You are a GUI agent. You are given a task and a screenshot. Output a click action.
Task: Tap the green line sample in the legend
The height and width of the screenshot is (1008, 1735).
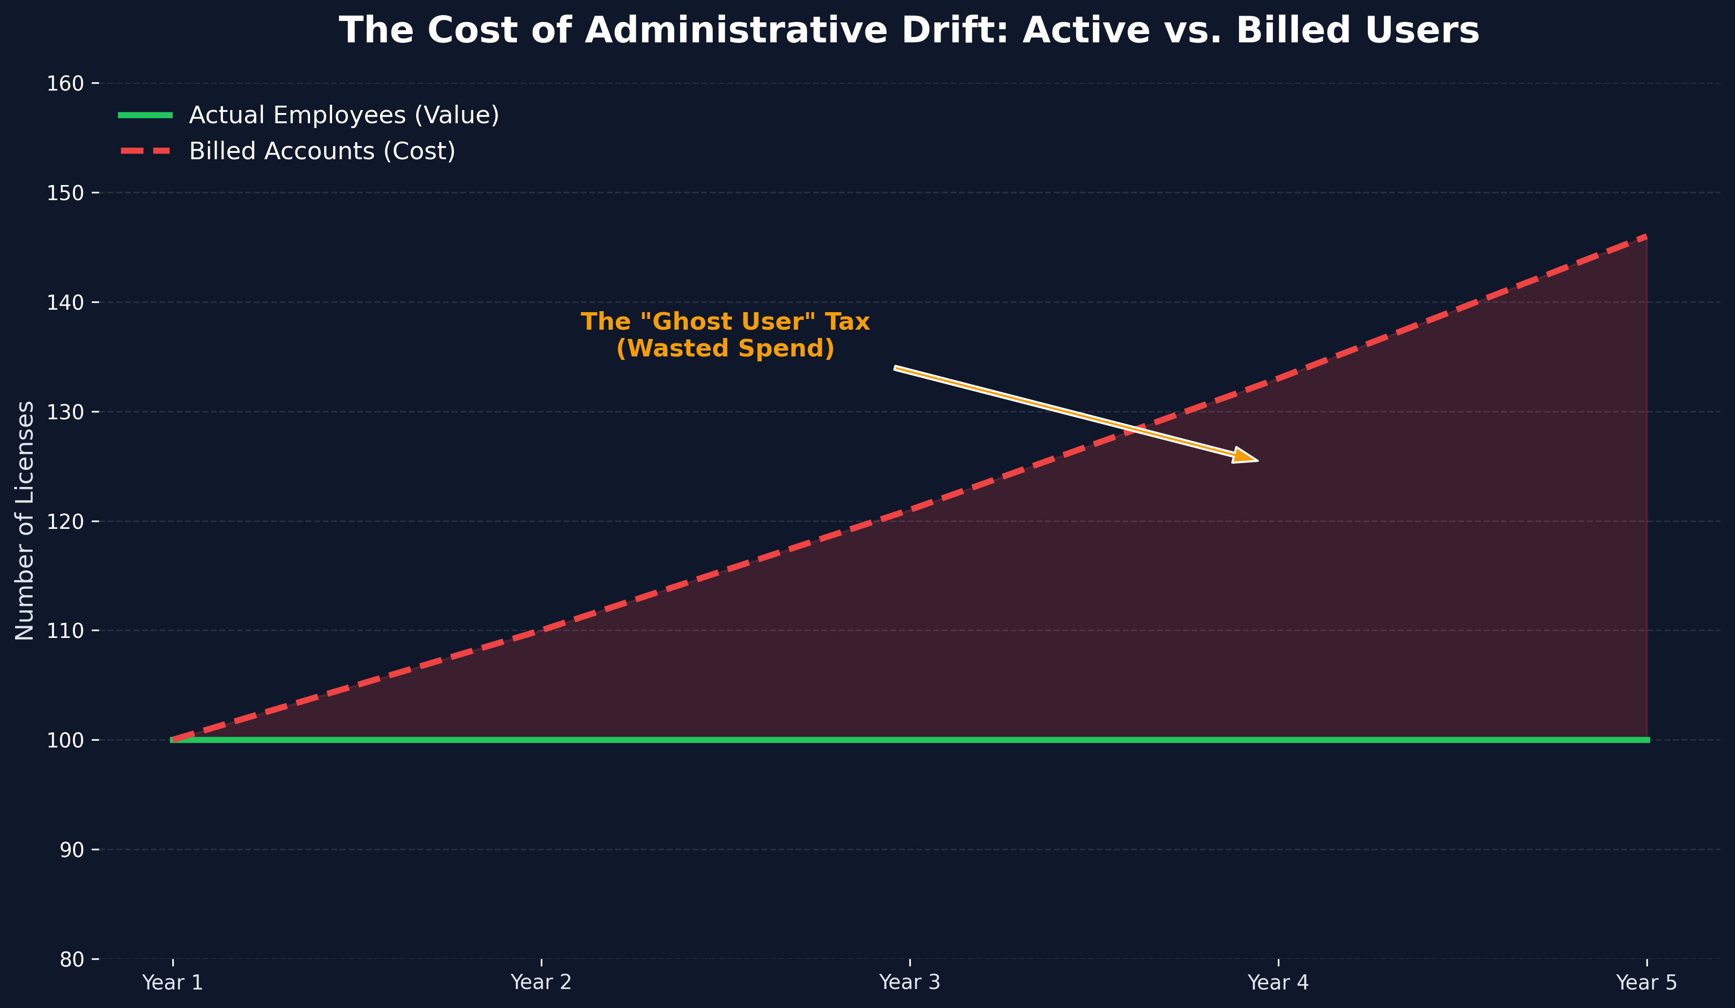[x=145, y=115]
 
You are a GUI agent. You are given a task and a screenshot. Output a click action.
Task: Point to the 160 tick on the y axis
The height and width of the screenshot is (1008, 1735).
[x=65, y=83]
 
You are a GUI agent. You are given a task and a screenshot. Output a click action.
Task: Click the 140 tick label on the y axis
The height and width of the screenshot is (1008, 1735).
[x=65, y=302]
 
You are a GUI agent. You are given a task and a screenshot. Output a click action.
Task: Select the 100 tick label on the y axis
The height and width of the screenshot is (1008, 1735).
[x=65, y=740]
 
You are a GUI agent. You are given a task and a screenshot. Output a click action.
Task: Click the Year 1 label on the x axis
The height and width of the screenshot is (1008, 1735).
[x=173, y=983]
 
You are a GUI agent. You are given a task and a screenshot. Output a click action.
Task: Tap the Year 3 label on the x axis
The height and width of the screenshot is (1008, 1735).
[x=909, y=983]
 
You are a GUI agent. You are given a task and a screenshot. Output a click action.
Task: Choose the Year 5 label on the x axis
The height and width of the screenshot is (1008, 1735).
[x=1646, y=983]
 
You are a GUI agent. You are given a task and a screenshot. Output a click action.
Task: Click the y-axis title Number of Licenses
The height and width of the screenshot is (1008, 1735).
[x=25, y=521]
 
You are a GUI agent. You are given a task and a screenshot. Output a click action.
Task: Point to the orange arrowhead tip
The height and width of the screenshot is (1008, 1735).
[x=1256, y=461]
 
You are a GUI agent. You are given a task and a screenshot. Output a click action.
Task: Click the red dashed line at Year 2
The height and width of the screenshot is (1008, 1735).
[x=541, y=630]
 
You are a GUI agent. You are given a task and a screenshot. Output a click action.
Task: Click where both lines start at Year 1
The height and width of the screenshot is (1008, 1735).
[x=173, y=740]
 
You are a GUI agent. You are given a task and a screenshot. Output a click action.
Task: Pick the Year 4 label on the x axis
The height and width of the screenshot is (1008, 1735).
[x=1278, y=983]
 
